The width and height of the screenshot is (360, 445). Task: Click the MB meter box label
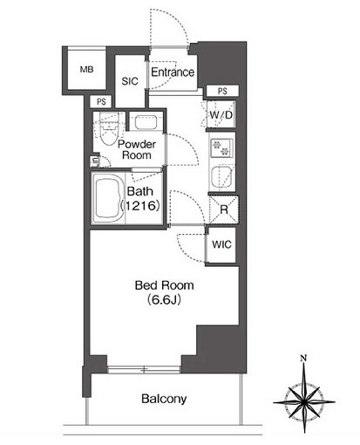coord(86,70)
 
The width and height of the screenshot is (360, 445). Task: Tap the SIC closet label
coord(130,81)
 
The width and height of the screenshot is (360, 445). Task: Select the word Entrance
coord(173,72)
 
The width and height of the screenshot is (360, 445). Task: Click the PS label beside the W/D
coord(222,92)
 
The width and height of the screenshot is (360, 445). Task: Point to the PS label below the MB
coord(101,102)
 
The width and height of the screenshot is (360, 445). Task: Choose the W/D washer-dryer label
coord(221,115)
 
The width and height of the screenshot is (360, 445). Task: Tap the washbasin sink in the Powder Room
coord(146,122)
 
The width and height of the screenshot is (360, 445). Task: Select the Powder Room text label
coord(137,149)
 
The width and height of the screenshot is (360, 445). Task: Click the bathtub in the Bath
coord(108,198)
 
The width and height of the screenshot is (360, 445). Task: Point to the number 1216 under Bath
coord(140,206)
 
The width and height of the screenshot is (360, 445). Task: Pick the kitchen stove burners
coord(221,147)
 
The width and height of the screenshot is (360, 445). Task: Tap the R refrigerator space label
coord(224,209)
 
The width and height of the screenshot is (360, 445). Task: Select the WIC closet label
coord(221,244)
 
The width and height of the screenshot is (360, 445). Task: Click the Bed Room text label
coord(164,285)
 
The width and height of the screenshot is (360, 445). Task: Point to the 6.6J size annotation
coord(164,299)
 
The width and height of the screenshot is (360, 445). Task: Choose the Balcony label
coord(164,399)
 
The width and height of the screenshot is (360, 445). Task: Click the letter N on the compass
coord(303,359)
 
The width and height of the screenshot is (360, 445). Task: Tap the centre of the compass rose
coord(304,402)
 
